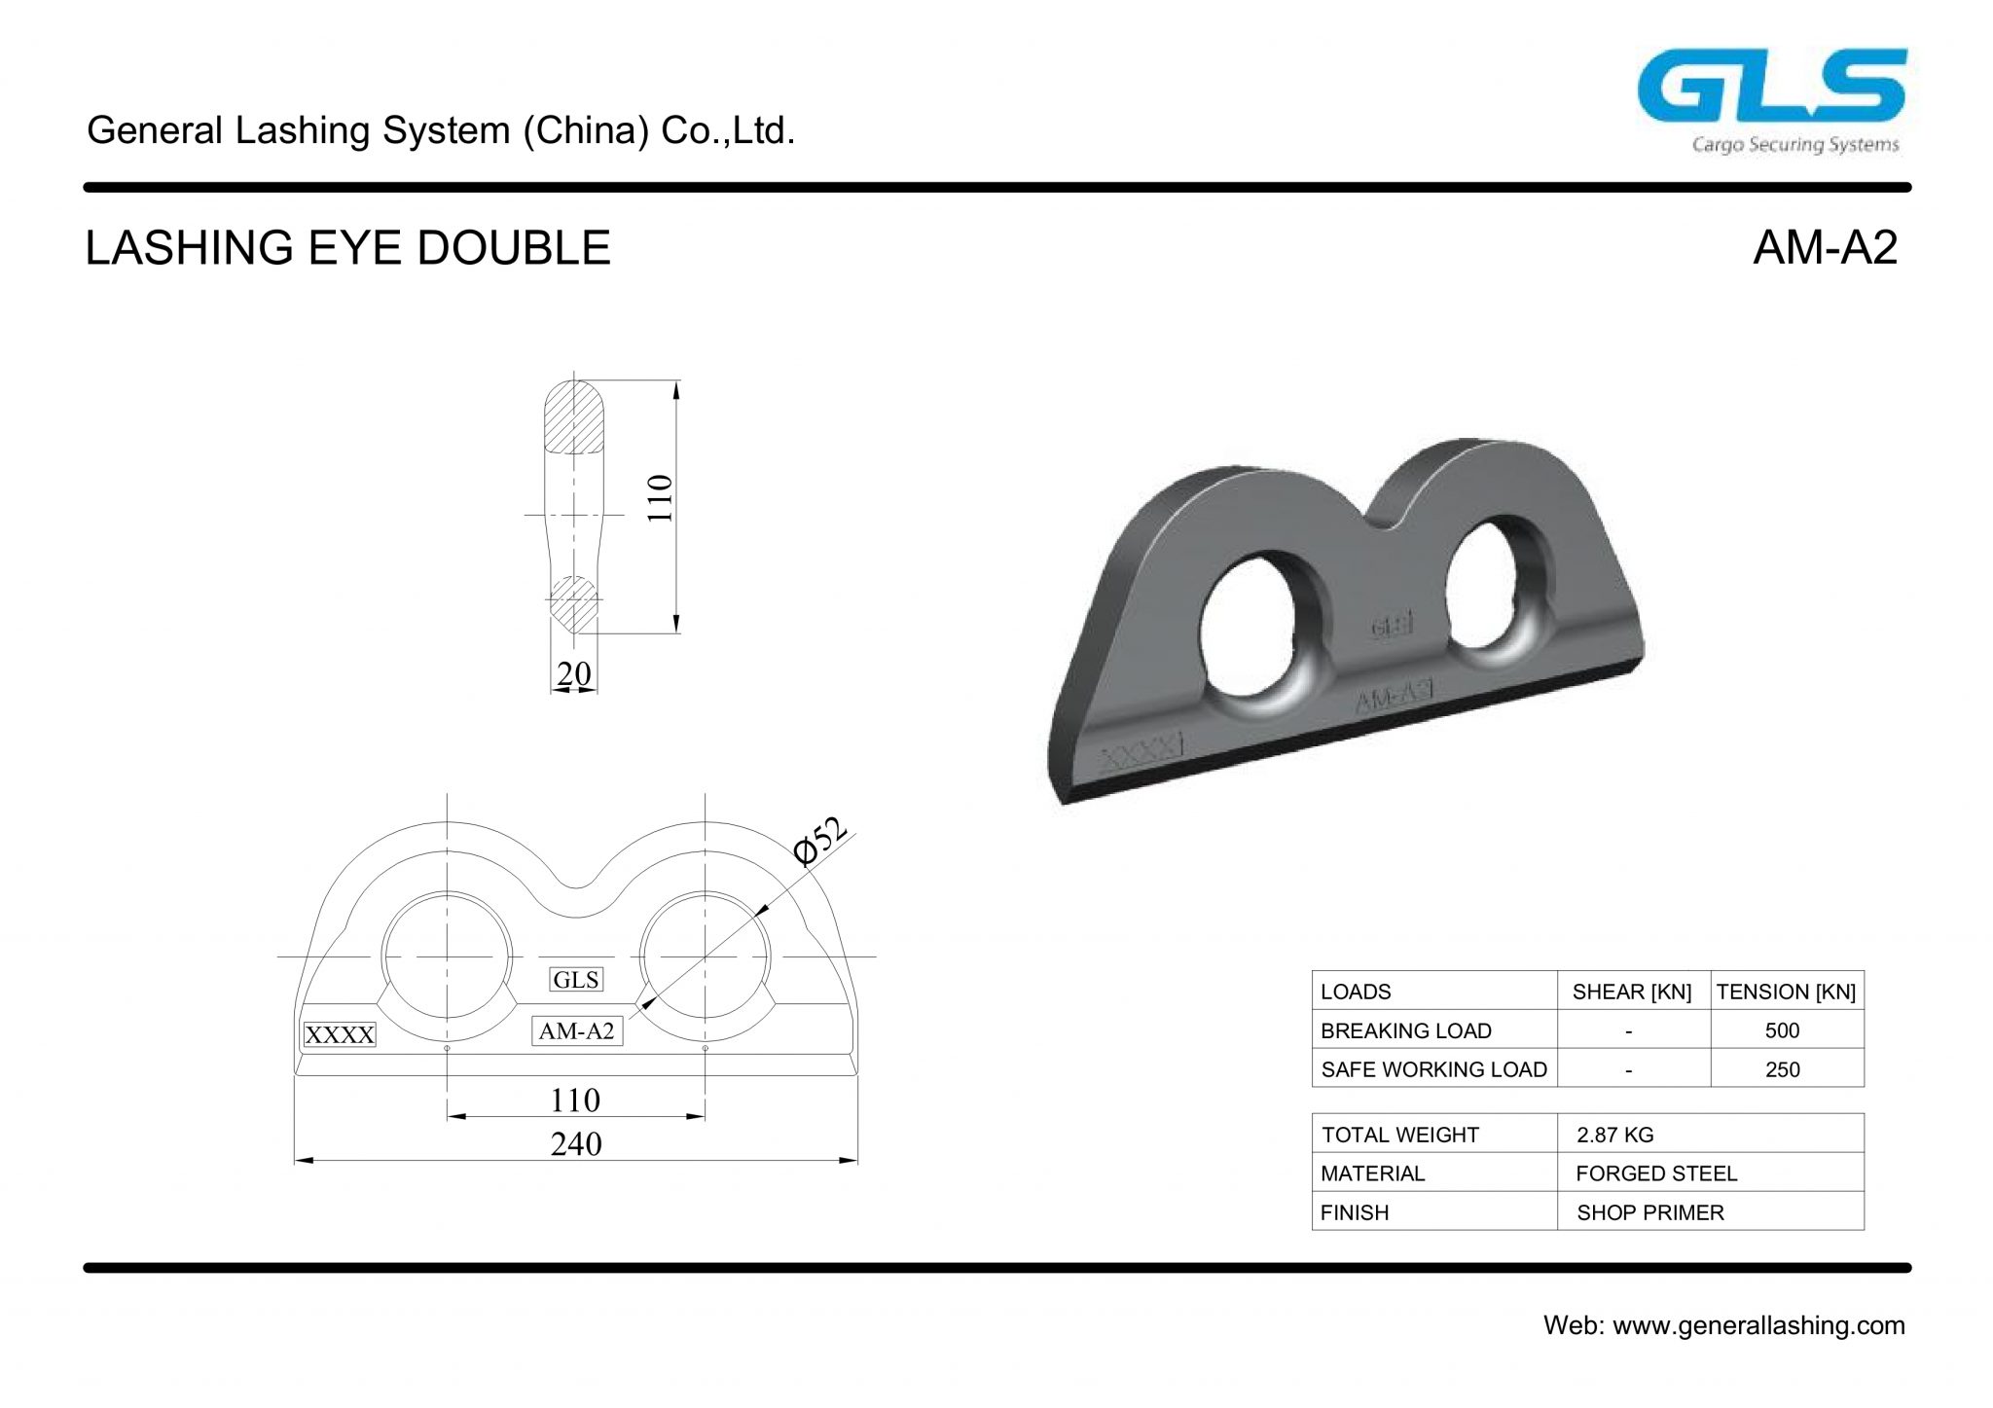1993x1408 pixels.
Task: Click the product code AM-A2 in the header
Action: pos(1825,247)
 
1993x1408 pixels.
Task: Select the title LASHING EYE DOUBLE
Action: pos(347,247)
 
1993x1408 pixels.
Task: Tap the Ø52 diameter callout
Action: pos(819,841)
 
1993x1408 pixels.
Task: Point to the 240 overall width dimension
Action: pos(576,1143)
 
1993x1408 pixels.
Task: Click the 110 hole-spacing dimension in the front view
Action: pos(575,1101)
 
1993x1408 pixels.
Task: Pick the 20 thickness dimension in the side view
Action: pos(574,673)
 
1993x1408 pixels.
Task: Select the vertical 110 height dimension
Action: pos(661,498)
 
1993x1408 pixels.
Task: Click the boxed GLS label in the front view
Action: pos(576,980)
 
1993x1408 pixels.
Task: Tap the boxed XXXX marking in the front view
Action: pos(339,1034)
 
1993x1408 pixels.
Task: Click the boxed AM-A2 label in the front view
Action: pos(577,1031)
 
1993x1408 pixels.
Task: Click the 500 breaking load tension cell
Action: pos(1782,1030)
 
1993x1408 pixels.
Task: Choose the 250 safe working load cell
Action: pos(1782,1069)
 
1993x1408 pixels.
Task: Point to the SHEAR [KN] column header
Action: pos(1632,992)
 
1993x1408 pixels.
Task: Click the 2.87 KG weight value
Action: pos(1615,1135)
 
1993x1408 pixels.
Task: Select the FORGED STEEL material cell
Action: pos(1656,1173)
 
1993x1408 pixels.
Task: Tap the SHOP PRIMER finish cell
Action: pos(1650,1212)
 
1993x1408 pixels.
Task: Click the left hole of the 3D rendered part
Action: pos(1256,629)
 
